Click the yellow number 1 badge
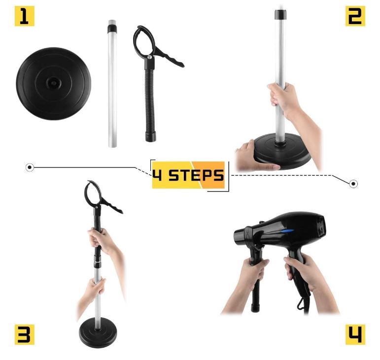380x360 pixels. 25,16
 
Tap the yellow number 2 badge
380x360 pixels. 355,16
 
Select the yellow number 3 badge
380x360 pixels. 25,334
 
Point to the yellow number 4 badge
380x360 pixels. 355,334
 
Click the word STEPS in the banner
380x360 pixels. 196,175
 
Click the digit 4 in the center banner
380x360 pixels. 157,175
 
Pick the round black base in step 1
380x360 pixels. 54,84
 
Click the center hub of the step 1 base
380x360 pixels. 53,83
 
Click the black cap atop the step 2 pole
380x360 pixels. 280,15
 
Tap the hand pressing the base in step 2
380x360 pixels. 257,156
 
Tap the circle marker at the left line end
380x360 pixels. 30,167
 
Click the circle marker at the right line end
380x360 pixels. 353,184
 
